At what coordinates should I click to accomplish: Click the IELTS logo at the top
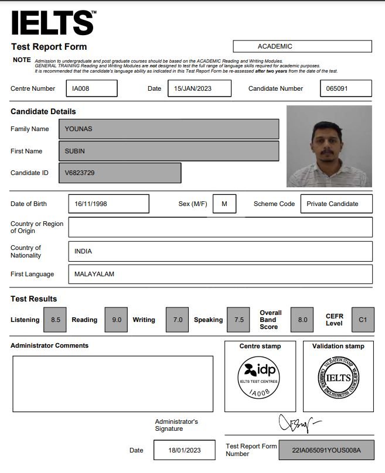pyautogui.click(x=53, y=23)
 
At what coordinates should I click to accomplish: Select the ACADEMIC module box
pyautogui.click(x=302, y=46)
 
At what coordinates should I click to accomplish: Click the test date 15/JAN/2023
pyautogui.click(x=199, y=88)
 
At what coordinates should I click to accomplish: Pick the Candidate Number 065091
pyautogui.click(x=346, y=88)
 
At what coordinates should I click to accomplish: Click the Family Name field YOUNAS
pyautogui.click(x=169, y=129)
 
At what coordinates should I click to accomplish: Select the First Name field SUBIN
pyautogui.click(x=169, y=151)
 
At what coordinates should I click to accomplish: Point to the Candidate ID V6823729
pyautogui.click(x=120, y=173)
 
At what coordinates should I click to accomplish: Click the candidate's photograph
pyautogui.click(x=329, y=146)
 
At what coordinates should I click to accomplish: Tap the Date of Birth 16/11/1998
pyautogui.click(x=108, y=204)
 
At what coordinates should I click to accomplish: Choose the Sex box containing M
pyautogui.click(x=224, y=204)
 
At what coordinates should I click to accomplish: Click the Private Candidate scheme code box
pyautogui.click(x=336, y=204)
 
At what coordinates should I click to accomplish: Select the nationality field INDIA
pyautogui.click(x=220, y=251)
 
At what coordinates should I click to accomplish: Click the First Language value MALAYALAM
pyautogui.click(x=220, y=274)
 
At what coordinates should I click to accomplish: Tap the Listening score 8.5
pyautogui.click(x=55, y=320)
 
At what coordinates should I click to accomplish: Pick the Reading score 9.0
pyautogui.click(x=116, y=320)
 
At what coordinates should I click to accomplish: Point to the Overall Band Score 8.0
pyautogui.click(x=302, y=320)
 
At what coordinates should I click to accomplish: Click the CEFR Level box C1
pyautogui.click(x=363, y=320)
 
